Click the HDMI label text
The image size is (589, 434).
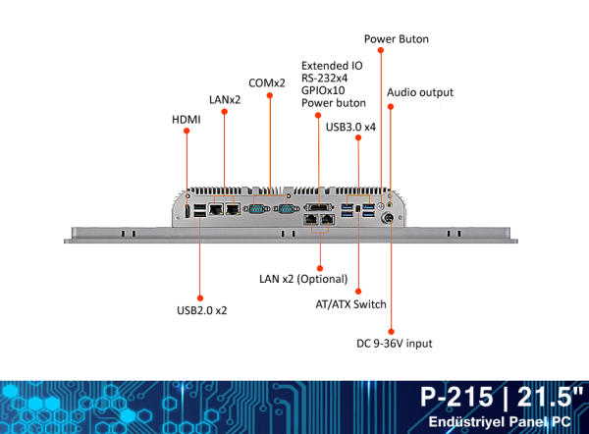(x=187, y=121)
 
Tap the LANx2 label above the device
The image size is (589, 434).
(x=225, y=99)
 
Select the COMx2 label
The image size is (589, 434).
(x=267, y=83)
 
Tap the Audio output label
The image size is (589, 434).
(x=420, y=92)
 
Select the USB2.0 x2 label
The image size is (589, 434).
(x=202, y=310)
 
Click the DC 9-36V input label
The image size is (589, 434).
(x=394, y=344)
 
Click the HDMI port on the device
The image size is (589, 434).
(x=187, y=211)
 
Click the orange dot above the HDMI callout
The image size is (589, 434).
(x=187, y=137)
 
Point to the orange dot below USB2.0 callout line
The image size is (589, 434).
(x=200, y=296)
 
